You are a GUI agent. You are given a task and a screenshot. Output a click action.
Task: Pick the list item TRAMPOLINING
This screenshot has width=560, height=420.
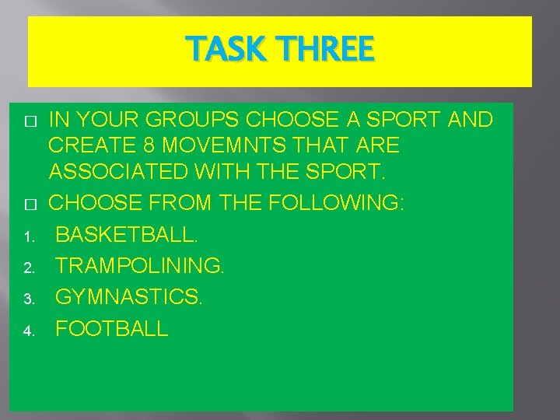point(140,266)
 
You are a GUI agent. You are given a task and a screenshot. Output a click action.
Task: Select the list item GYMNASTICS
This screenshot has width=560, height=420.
point(129,297)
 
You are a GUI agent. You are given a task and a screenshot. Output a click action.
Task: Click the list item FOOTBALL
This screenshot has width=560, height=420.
point(112,329)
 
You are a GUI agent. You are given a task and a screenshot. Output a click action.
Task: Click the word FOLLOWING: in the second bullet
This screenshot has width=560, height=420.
point(336,203)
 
